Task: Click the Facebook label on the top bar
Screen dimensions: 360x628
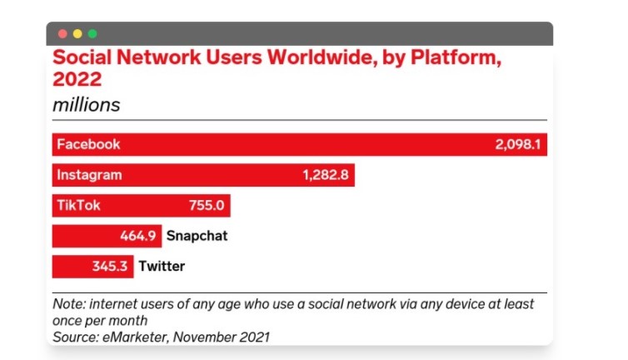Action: pos(88,144)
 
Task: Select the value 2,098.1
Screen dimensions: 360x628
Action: pos(518,145)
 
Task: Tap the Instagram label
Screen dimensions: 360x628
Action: pos(89,175)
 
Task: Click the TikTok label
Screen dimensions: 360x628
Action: pos(78,206)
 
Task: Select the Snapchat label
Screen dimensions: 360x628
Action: pos(197,236)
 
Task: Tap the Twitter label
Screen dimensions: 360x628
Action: pos(162,267)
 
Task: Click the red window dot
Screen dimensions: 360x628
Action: pos(62,34)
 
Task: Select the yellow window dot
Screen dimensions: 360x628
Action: pos(77,34)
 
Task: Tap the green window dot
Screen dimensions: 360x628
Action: pos(92,34)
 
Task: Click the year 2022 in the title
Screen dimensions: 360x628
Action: pos(77,80)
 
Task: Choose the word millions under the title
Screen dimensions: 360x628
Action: pos(87,106)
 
